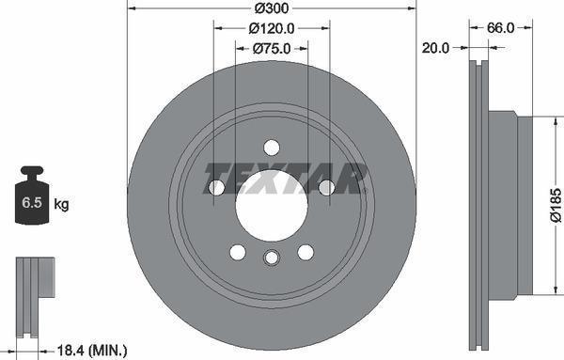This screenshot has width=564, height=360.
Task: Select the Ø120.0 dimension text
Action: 272,28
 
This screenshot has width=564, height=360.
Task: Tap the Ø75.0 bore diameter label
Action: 272,49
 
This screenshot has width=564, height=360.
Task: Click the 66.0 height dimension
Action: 499,28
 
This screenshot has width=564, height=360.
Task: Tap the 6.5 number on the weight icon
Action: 31,203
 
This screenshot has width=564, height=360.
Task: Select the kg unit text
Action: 61,204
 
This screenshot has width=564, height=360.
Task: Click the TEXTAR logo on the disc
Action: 284,176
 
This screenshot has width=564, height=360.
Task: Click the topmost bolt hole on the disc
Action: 272,148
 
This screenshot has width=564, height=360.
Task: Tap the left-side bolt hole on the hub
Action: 216,188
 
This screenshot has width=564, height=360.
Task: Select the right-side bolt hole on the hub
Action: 327,188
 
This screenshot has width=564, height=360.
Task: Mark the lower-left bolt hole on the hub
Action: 237,252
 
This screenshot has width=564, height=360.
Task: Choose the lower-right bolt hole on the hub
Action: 305,252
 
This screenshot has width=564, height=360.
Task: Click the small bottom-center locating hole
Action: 272,259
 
